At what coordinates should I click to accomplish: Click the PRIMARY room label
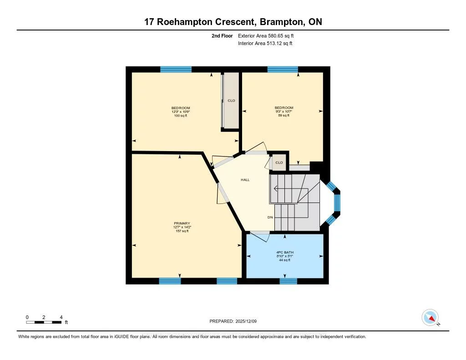click(181, 223)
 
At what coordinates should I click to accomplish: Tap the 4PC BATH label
click(285, 252)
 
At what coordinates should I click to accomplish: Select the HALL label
click(245, 180)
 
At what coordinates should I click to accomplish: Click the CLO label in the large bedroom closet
click(231, 101)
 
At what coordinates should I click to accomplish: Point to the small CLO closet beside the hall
click(279, 163)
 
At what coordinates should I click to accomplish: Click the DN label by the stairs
click(270, 218)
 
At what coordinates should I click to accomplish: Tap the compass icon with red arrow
click(430, 317)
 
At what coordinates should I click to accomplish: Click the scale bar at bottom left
click(44, 322)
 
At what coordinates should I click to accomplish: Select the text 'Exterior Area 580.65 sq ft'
click(269, 35)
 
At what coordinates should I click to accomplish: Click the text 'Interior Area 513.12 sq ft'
click(265, 44)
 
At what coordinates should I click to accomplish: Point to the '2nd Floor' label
click(222, 35)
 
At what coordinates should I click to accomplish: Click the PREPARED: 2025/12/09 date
click(233, 321)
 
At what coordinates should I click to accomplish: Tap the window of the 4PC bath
click(288, 281)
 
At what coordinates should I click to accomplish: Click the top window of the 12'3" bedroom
click(176, 70)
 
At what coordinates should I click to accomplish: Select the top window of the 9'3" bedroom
click(283, 70)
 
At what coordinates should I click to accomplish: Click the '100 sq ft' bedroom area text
click(181, 116)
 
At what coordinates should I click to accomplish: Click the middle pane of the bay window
click(337, 203)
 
